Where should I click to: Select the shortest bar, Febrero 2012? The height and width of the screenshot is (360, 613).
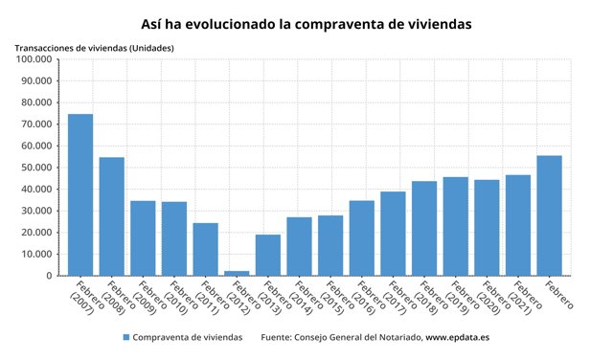click(237, 273)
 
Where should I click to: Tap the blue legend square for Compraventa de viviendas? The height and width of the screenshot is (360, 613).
click(125, 337)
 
